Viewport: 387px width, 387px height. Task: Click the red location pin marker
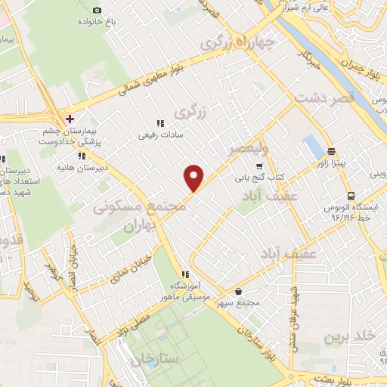click(x=195, y=178)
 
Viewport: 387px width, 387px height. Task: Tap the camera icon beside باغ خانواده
click(x=98, y=10)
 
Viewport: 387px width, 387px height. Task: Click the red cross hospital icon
click(x=70, y=119)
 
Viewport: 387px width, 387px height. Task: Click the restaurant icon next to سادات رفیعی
click(x=159, y=123)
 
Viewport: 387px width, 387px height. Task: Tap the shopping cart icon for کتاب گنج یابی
click(x=260, y=166)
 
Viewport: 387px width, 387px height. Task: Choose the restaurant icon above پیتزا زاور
click(x=331, y=151)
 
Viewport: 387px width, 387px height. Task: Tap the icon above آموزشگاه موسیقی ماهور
click(x=184, y=274)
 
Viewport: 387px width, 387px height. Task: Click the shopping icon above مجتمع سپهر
click(x=239, y=292)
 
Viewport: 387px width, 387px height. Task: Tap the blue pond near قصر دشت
click(x=311, y=147)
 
